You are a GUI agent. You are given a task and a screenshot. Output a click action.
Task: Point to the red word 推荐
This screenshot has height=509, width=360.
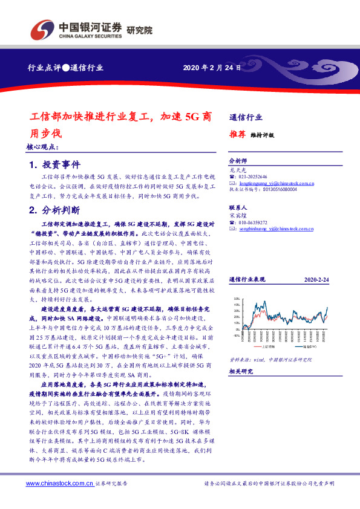pos(238,135)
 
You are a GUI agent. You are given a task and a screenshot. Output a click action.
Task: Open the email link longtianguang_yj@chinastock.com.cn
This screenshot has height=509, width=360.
pos(273,182)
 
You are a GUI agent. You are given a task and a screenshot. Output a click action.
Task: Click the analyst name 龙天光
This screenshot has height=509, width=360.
pos(237,170)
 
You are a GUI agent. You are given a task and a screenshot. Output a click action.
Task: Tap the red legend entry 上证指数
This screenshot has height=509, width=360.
pos(261,346)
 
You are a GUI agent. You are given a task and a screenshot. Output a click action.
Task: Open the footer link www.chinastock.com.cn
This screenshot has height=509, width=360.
pos(59,484)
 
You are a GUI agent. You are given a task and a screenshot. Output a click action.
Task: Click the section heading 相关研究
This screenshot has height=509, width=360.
pos(242,372)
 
